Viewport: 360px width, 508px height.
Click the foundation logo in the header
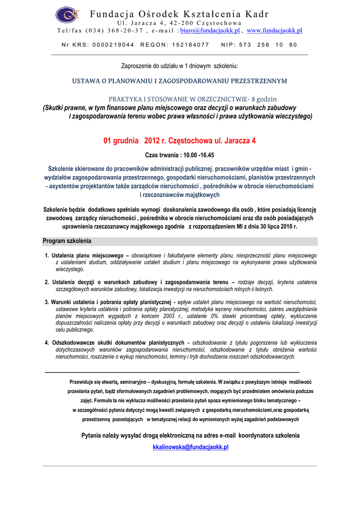click(x=68, y=15)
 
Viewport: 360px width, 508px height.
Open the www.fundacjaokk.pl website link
click(x=274, y=31)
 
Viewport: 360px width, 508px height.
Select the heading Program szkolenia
click(x=67, y=241)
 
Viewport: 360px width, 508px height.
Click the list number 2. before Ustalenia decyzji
click(x=47, y=282)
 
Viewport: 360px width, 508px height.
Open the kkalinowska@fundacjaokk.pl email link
click(x=190, y=447)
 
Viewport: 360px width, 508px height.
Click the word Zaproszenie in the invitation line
click(x=137, y=66)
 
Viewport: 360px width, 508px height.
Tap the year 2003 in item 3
click(x=170, y=316)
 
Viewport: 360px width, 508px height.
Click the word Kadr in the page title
click(x=257, y=14)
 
